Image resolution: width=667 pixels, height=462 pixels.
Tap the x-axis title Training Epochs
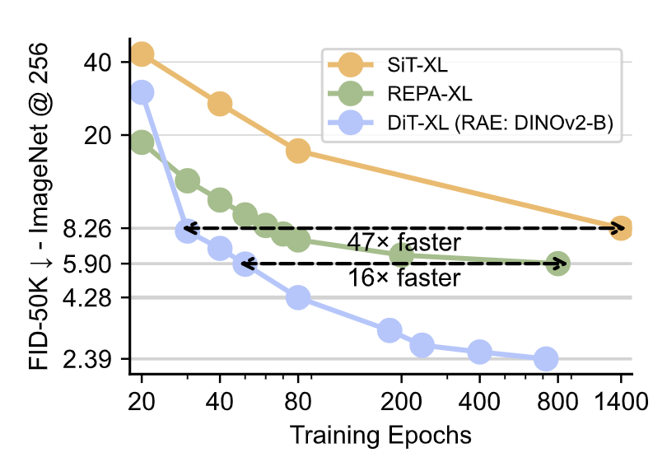coord(380,434)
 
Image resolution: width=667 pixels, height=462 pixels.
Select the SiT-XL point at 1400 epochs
coord(621,228)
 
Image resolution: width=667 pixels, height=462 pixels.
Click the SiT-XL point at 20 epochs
coord(141,54)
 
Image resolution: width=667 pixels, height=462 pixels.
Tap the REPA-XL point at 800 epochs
coord(557,264)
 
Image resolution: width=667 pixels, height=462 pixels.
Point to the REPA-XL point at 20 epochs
coord(141,142)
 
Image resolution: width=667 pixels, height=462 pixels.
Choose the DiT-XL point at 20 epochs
coord(141,92)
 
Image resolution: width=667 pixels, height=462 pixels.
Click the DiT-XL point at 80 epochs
coord(298,297)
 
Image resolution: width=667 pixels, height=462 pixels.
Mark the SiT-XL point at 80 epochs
coord(298,151)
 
